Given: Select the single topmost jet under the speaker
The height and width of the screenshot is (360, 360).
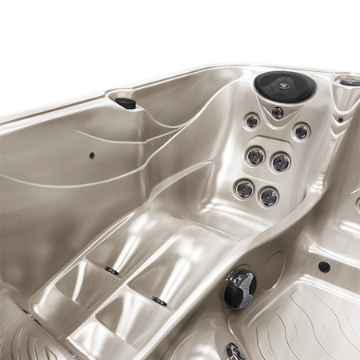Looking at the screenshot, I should [278, 113].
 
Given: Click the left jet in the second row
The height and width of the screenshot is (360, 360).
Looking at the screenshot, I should [252, 122].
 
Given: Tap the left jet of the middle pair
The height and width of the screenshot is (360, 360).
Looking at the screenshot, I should [255, 155].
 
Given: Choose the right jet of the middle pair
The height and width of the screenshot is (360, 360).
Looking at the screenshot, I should [281, 162].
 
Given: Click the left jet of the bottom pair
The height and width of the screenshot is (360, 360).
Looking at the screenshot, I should [244, 190].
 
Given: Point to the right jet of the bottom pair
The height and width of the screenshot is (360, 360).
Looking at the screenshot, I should [268, 197].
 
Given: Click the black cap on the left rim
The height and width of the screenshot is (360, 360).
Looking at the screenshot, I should [126, 102].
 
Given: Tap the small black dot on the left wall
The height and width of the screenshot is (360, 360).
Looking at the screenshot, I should [91, 155].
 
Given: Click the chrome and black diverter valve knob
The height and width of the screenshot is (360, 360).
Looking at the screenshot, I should [239, 287].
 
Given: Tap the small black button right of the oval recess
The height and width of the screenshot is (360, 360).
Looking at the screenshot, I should [324, 267].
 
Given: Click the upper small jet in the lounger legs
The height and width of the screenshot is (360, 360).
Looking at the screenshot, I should [113, 271].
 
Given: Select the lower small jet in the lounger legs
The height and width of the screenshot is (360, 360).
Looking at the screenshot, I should [160, 302].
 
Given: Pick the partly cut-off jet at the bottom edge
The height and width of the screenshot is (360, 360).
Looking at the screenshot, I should [234, 352].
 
